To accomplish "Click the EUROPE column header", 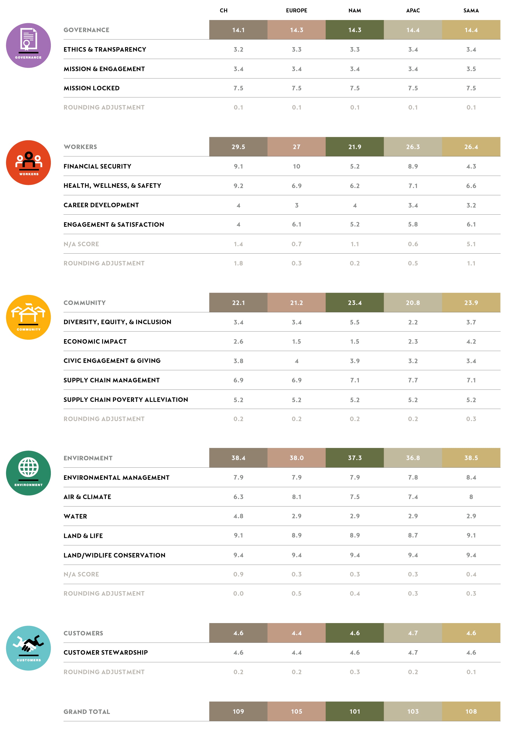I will pos(296,10).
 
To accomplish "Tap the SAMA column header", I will pos(471,10).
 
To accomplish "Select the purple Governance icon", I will pos(28,46).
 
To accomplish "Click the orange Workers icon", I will pos(28,162).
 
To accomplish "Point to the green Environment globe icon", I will pos(28,473).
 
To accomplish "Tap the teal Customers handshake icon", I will pos(28,648).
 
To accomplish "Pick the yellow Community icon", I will pos(28,317).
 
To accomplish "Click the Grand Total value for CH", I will pos(238,711).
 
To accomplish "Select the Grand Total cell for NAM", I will pos(355,711).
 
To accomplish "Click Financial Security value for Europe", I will pos(296,166).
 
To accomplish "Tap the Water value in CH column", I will pos(238,516).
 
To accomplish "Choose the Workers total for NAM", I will pos(355,147).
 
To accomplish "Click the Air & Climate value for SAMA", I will pos(471,497).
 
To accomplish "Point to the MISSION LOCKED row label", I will pos(91,88).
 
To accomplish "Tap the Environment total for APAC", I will pos(413,458).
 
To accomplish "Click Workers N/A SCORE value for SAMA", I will pos(471,244).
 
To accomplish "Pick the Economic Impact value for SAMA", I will pos(471,341).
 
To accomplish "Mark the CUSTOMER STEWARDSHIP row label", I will pos(105,653).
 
